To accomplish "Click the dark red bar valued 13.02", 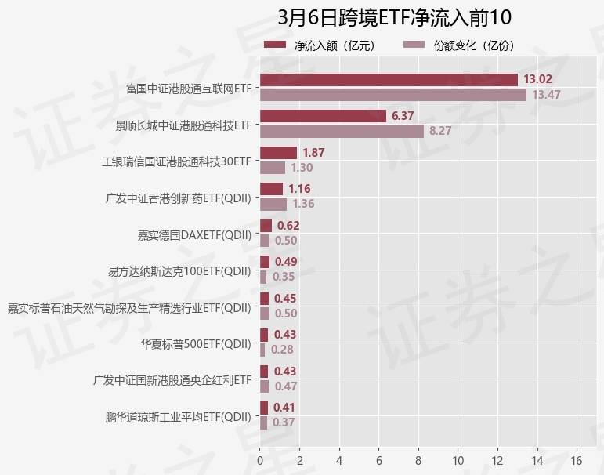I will [x=389, y=80].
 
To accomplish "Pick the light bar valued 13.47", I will [x=392, y=95].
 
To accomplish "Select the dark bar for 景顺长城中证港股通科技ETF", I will [x=322, y=116].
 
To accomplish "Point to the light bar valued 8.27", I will [x=342, y=131].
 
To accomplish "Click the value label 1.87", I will [x=314, y=153].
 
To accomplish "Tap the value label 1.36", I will [x=303, y=204].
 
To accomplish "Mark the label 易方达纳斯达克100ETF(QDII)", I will [x=179, y=271].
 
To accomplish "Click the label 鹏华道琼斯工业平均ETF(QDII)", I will [x=179, y=416].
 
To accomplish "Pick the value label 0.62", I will [x=289, y=226].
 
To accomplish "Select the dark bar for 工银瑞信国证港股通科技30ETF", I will [x=278, y=153].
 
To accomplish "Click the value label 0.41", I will [x=285, y=408].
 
